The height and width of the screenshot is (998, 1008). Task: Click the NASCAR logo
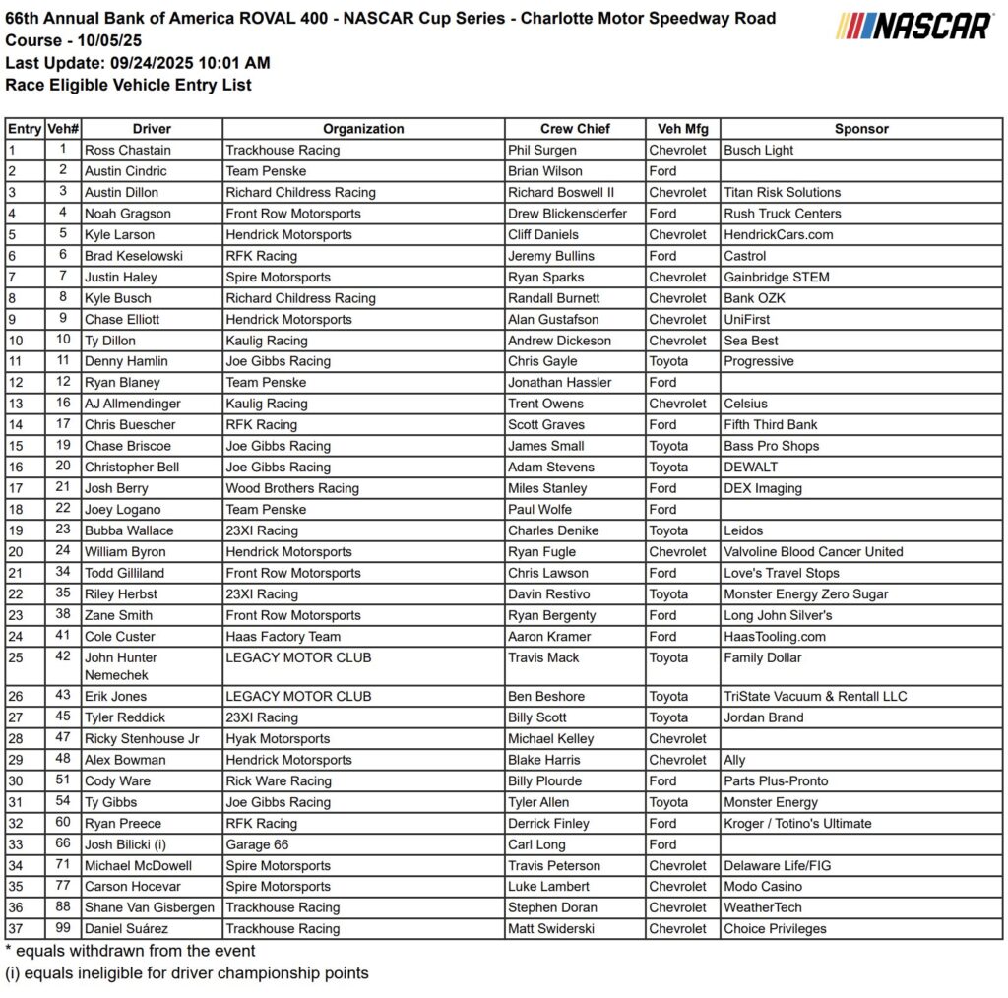click(914, 26)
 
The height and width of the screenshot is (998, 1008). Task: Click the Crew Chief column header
click(575, 129)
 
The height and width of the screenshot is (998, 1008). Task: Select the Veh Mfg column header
click(683, 129)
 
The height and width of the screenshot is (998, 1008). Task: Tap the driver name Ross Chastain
click(127, 151)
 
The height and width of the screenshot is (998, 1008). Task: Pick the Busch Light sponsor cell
click(758, 151)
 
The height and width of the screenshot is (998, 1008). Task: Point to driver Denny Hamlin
click(125, 361)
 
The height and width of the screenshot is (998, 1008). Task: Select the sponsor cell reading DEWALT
click(750, 468)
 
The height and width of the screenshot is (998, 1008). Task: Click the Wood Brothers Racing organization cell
click(292, 488)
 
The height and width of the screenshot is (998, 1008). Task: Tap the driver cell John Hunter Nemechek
click(120, 666)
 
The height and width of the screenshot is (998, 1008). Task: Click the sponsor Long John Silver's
click(778, 615)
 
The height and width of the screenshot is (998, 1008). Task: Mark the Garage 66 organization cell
click(261, 844)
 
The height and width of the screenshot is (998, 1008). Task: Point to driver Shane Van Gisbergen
click(149, 907)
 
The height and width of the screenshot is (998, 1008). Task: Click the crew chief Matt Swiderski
click(555, 929)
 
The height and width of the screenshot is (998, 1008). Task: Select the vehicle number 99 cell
click(63, 929)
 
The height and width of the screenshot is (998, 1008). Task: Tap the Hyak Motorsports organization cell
click(278, 738)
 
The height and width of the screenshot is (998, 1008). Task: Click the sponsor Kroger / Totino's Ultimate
click(797, 823)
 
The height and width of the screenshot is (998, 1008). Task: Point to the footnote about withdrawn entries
click(130, 951)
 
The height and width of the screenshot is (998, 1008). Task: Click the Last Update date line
click(138, 63)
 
